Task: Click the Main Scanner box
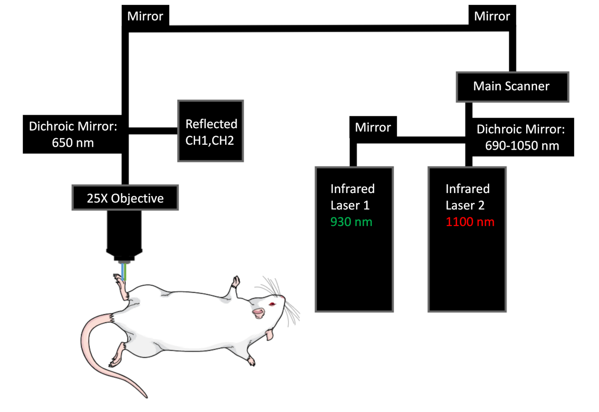click(x=511, y=87)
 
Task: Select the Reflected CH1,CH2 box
click(x=211, y=131)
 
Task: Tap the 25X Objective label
click(x=125, y=198)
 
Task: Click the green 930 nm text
click(x=351, y=221)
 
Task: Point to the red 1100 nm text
click(x=470, y=221)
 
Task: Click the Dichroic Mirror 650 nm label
click(x=73, y=134)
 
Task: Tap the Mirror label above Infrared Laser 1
click(x=372, y=128)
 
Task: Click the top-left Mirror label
click(x=145, y=16)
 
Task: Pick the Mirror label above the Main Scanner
click(x=492, y=16)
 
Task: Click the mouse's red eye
click(x=272, y=304)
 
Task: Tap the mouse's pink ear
click(x=258, y=313)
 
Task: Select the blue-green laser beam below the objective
click(x=123, y=272)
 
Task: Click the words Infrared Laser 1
click(x=352, y=197)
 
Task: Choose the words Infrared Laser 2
click(x=467, y=197)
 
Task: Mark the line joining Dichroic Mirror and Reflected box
click(x=153, y=131)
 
